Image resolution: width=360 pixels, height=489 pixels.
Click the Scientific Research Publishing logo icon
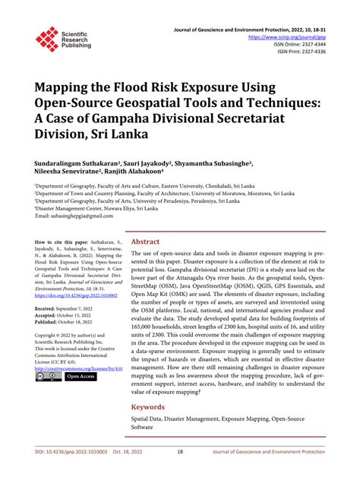click(x=46, y=37)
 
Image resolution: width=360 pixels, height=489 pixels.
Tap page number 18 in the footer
click(x=180, y=472)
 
